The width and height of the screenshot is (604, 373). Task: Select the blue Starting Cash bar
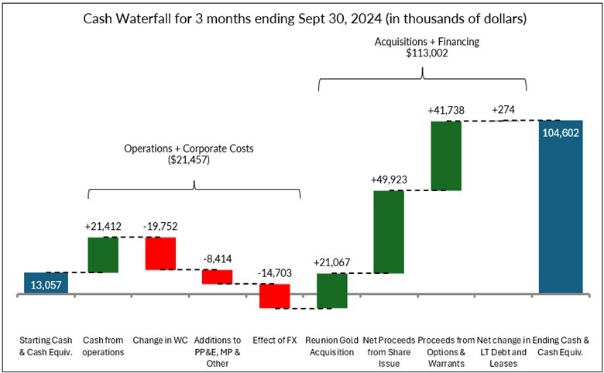coord(46,283)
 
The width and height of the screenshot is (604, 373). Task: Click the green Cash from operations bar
coord(103,255)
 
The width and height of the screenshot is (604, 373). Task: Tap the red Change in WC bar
coord(160,253)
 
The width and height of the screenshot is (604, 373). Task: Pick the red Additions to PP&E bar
coord(218,276)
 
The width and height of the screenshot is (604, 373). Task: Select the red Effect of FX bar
coord(274,296)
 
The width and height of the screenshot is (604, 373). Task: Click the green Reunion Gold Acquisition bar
coord(331,291)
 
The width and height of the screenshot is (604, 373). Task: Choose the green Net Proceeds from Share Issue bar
coord(389,231)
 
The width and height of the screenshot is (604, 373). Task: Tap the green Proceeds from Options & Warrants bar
coord(446,155)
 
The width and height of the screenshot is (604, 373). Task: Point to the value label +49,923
coord(389,180)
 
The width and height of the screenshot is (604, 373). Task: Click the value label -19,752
coord(160,226)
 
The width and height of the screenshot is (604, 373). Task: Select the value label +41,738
coord(446,111)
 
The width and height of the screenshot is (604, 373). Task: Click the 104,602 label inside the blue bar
coord(561,133)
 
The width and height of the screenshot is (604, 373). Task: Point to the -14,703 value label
coord(274,273)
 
